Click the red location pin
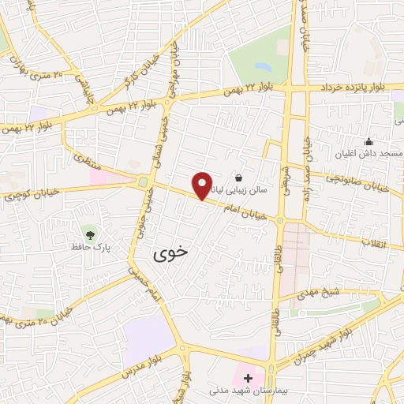pyautogui.click(x=203, y=185)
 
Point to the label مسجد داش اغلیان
pyautogui.click(x=368, y=155)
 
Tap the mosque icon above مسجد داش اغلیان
pyautogui.click(x=368, y=142)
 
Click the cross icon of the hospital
pyautogui.click(x=249, y=377)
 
